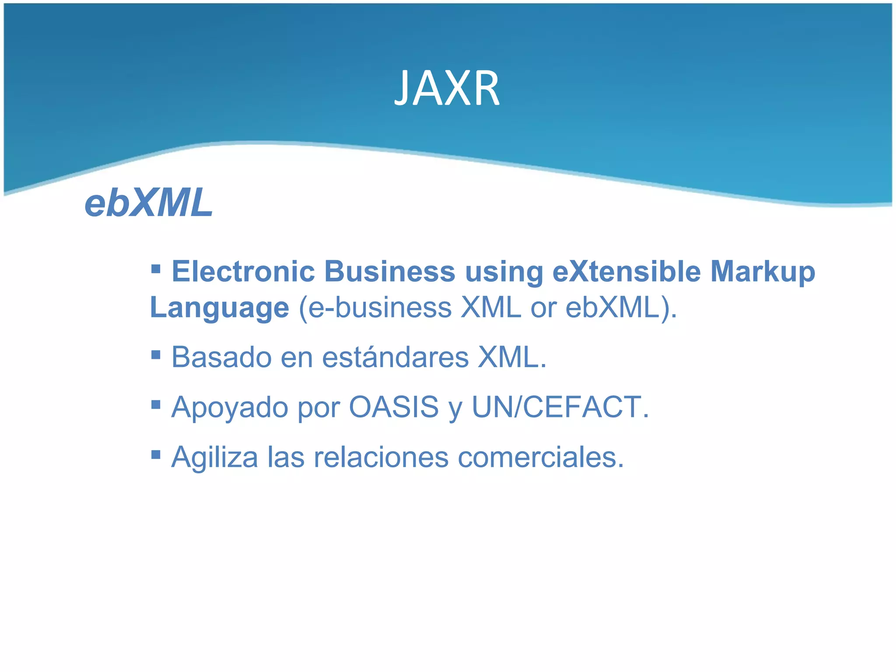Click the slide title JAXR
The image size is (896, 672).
pyautogui.click(x=447, y=89)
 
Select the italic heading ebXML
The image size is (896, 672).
pyautogui.click(x=148, y=203)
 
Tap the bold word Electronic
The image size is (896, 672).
pyautogui.click(x=243, y=272)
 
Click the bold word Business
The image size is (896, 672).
pyautogui.click(x=390, y=272)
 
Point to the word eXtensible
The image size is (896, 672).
pyautogui.click(x=626, y=272)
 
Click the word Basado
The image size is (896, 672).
pyautogui.click(x=221, y=357)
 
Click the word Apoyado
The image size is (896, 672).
pyautogui.click(x=230, y=408)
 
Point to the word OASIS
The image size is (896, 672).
pyautogui.click(x=394, y=407)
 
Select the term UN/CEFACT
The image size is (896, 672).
pyautogui.click(x=560, y=407)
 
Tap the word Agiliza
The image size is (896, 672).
pyautogui.click(x=215, y=458)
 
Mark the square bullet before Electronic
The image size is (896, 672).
pyautogui.click(x=156, y=268)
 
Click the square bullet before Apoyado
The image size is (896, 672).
pyautogui.click(x=156, y=404)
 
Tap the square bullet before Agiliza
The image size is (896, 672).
pyautogui.click(x=156, y=455)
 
